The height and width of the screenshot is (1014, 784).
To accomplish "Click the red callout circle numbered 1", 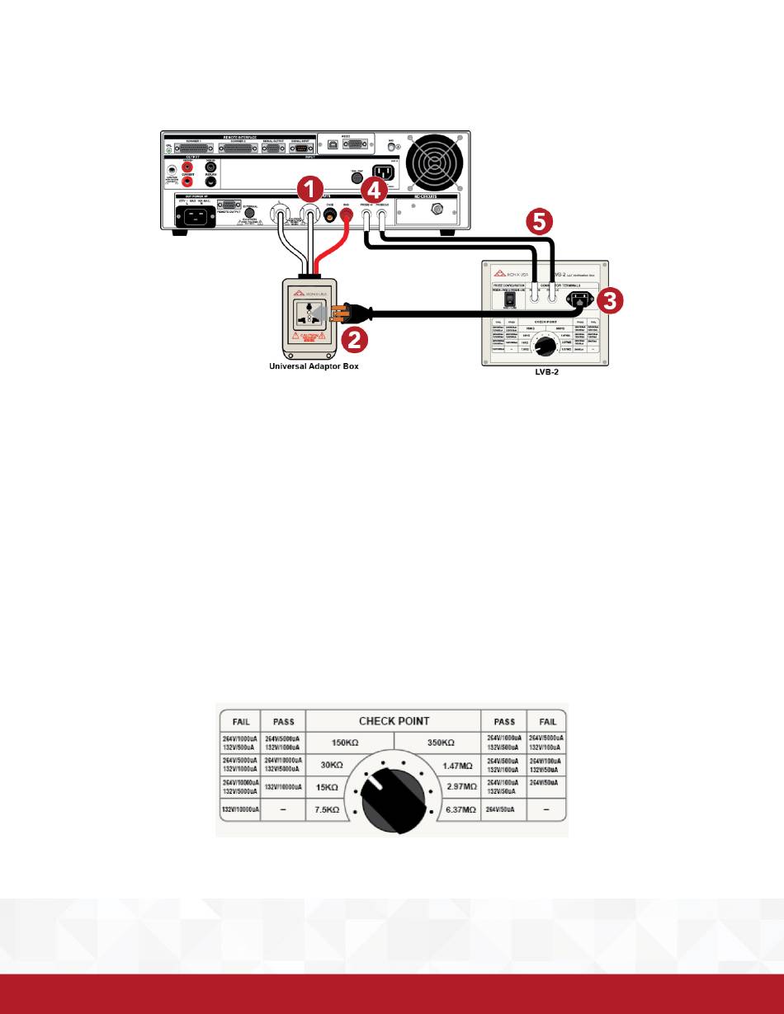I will click(x=309, y=190).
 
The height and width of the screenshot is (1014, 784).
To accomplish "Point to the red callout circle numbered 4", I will click(x=376, y=190).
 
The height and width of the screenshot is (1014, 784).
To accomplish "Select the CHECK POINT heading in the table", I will click(x=394, y=721).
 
